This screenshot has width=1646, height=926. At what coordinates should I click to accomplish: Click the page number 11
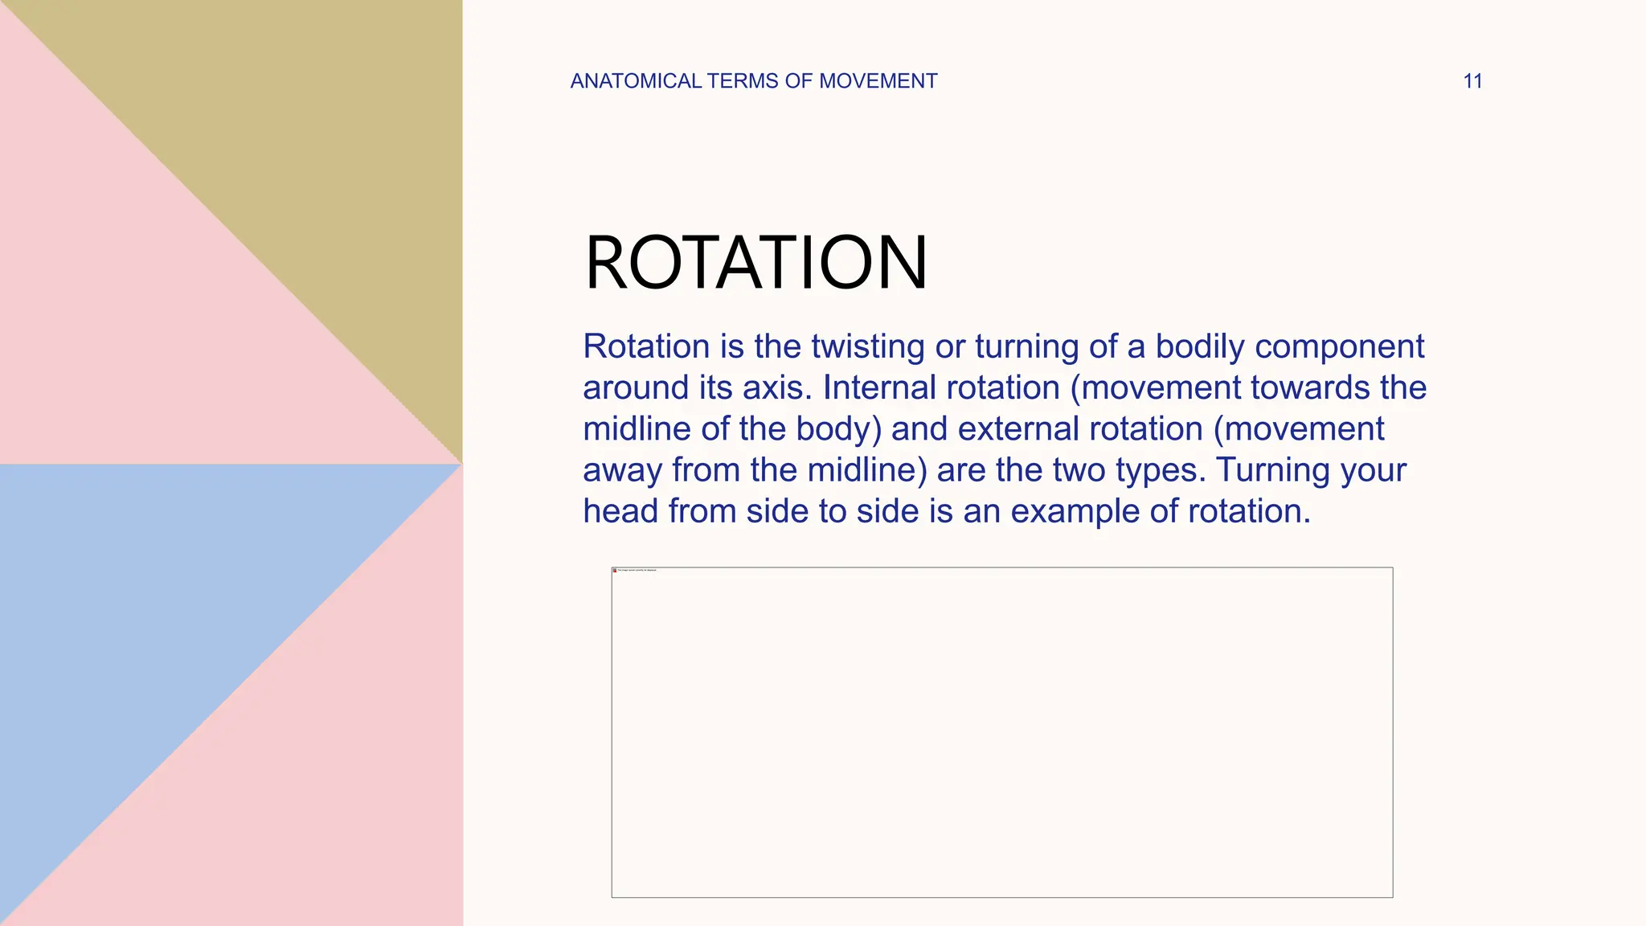(x=1472, y=81)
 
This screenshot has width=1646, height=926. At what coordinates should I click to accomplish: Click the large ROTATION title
(x=755, y=263)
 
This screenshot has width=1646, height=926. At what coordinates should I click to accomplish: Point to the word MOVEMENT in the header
(x=878, y=81)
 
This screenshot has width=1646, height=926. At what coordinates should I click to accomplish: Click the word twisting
(x=868, y=346)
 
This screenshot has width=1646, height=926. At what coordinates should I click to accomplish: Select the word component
(x=1339, y=346)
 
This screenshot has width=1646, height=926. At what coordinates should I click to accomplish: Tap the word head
(x=620, y=511)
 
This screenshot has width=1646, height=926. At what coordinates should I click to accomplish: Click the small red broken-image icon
(x=615, y=571)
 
